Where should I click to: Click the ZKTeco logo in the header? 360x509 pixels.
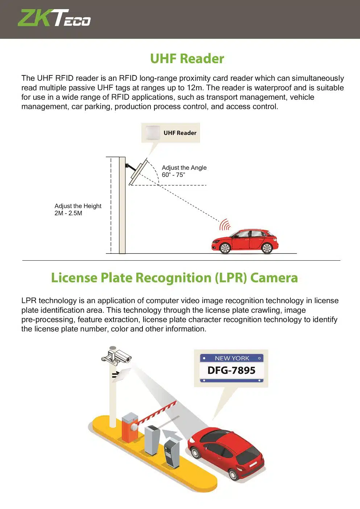[54, 18]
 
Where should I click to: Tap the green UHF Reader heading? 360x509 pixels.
[187, 59]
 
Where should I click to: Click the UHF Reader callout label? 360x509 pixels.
[180, 133]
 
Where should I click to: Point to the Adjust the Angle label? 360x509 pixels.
[184, 167]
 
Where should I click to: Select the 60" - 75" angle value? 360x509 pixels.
[173, 175]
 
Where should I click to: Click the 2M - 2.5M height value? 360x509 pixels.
[68, 213]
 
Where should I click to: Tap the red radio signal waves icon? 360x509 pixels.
[225, 225]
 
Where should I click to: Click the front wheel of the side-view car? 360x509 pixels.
[225, 248]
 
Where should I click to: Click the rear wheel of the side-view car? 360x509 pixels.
[267, 248]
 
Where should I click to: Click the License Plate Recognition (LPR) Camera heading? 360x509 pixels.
[174, 278]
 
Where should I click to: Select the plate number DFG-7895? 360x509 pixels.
[231, 371]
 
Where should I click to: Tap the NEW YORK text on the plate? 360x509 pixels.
[232, 358]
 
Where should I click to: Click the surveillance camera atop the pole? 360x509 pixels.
[117, 355]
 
